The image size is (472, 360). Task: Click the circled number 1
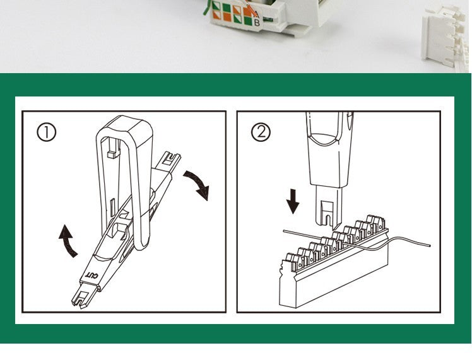point(46,133)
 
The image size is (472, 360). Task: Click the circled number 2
point(261,132)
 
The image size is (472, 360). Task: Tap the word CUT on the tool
point(91,275)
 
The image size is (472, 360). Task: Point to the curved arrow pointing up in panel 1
point(68,241)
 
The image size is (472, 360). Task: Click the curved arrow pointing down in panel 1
point(197,184)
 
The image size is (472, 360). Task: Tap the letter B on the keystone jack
point(257,22)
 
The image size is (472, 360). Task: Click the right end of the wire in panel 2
point(430,245)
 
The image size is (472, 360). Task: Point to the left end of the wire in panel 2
point(284,231)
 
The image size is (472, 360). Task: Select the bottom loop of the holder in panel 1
point(141,245)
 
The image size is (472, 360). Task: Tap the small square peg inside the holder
point(112,154)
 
